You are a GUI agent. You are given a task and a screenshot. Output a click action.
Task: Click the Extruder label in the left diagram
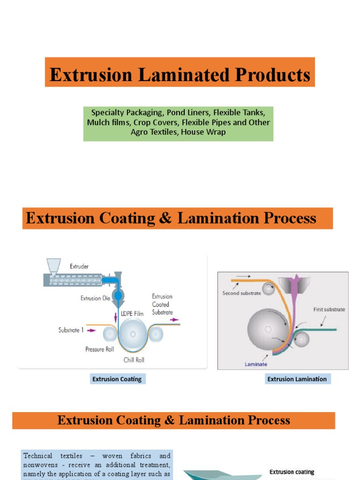(79, 266)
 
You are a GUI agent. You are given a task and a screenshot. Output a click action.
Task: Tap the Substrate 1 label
(71, 330)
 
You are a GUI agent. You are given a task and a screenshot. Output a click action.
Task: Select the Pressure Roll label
(99, 349)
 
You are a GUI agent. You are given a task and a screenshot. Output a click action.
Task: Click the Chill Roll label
(134, 360)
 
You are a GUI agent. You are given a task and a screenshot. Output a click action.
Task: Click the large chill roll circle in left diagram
(133, 334)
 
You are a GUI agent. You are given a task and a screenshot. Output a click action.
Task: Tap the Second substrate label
(241, 293)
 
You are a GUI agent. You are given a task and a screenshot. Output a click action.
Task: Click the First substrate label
(329, 309)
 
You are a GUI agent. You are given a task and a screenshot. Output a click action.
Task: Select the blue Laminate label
(255, 364)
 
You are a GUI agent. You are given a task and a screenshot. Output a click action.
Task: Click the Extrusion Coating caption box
(117, 379)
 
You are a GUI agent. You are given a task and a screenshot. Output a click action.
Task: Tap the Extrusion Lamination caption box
(297, 379)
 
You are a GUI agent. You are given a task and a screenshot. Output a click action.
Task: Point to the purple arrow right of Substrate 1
(92, 330)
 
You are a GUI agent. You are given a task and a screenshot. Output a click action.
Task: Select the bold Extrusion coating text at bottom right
(292, 472)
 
